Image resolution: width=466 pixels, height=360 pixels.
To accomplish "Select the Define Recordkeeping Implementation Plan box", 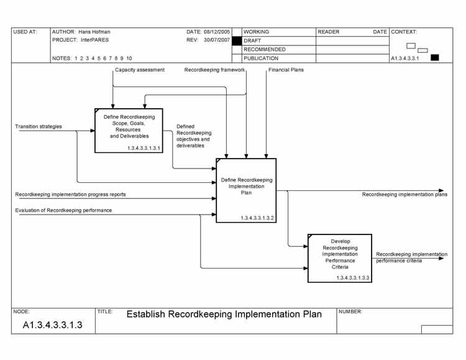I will pyautogui.click(x=246, y=190).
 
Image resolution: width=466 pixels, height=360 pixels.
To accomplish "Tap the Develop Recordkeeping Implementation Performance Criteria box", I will pyautogui.click(x=340, y=257).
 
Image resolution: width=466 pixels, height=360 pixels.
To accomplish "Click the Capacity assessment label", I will pyautogui.click(x=140, y=70).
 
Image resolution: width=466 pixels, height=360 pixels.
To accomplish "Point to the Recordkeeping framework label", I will pyautogui.click(x=214, y=70).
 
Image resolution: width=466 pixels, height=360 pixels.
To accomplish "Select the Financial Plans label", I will pyautogui.click(x=286, y=70).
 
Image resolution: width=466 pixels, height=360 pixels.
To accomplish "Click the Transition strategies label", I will pyautogui.click(x=39, y=127).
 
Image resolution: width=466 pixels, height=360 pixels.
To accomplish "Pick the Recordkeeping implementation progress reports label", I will pyautogui.click(x=70, y=195).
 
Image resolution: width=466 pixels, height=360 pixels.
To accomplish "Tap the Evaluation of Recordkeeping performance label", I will pyautogui.click(x=63, y=211).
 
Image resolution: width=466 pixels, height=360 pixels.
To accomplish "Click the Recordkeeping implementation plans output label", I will pyautogui.click(x=404, y=195).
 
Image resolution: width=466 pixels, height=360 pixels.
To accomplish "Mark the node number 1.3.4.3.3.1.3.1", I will pyautogui.click(x=144, y=148).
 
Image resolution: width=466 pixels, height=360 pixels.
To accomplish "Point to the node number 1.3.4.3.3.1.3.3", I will pyautogui.click(x=353, y=277).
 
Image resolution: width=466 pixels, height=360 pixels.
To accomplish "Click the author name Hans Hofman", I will pyautogui.click(x=94, y=32).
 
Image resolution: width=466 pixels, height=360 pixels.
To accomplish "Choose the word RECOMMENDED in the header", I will pyautogui.click(x=265, y=49).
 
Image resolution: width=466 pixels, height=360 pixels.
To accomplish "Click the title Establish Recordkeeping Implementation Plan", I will pyautogui.click(x=224, y=314).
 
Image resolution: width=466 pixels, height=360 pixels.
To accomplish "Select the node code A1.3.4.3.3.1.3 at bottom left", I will pyautogui.click(x=53, y=325).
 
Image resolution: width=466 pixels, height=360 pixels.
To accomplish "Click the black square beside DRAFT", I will pyautogui.click(x=236, y=40).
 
